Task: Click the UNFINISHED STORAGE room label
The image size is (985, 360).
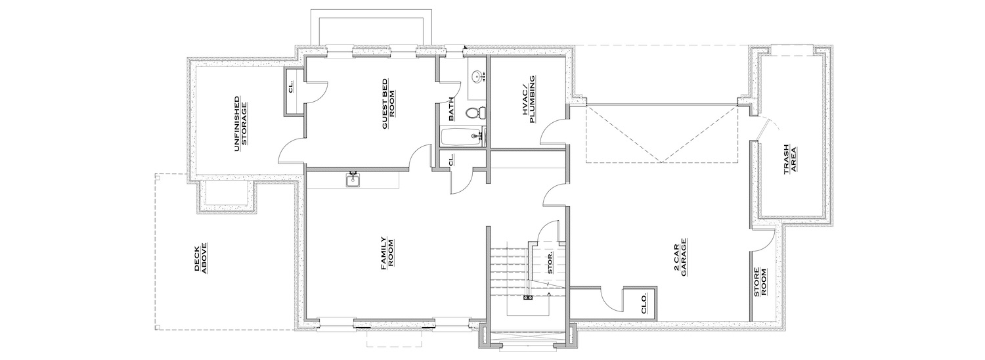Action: pyautogui.click(x=240, y=124)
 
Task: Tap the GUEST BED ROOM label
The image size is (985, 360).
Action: pyautogui.click(x=388, y=104)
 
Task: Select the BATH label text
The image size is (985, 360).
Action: pyautogui.click(x=451, y=110)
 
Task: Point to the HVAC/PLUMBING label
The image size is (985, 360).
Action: pyautogui.click(x=529, y=99)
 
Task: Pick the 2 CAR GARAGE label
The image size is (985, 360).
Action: pyautogui.click(x=680, y=258)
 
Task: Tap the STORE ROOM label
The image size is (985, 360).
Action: pyautogui.click(x=760, y=282)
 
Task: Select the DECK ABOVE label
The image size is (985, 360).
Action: pyautogui.click(x=201, y=258)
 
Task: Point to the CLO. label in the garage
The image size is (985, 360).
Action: pyautogui.click(x=643, y=304)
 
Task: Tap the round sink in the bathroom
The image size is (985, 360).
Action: pyautogui.click(x=476, y=77)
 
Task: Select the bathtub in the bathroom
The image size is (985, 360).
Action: pyautogui.click(x=461, y=137)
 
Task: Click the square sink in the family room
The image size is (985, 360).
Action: pyautogui.click(x=353, y=180)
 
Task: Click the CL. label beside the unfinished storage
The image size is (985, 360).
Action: pyautogui.click(x=292, y=88)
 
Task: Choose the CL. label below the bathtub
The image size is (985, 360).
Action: pyautogui.click(x=450, y=161)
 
